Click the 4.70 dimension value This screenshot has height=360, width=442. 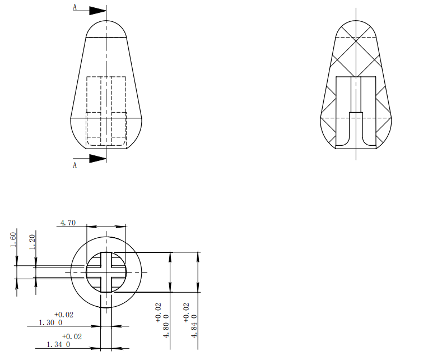(68, 223)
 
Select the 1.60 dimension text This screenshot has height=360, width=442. (13, 240)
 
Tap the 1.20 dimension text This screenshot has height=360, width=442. (32, 242)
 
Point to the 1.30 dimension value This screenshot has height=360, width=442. (47, 323)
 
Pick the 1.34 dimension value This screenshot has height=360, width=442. (55, 344)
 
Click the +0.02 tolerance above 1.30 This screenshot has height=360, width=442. (64, 315)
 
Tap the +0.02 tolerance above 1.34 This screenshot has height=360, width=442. (72, 336)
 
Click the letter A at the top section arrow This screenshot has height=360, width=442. (75, 7)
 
